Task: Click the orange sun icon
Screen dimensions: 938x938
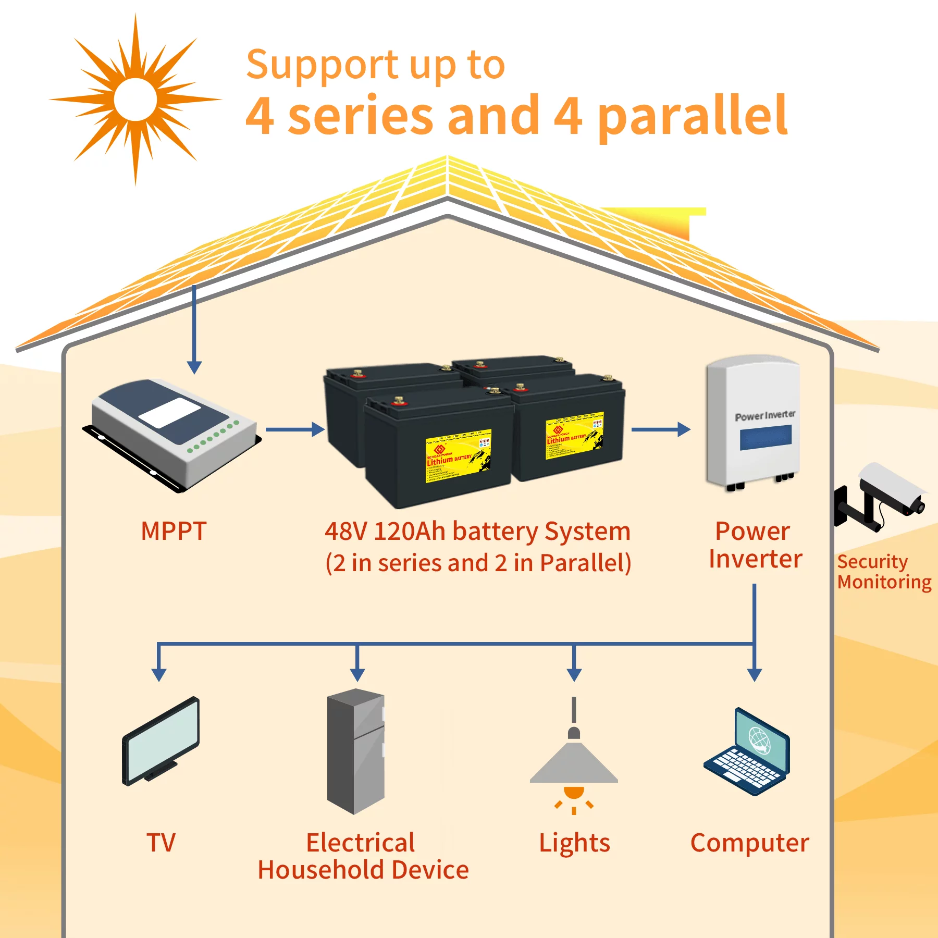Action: pos(135,99)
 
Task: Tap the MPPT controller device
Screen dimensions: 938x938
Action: pos(172,433)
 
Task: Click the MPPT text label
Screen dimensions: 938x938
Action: pos(174,531)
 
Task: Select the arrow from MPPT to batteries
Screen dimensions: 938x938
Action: pos(295,429)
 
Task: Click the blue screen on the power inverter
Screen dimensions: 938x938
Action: pos(766,437)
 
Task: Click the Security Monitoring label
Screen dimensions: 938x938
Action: pos(884,572)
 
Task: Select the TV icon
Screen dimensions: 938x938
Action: pos(161,740)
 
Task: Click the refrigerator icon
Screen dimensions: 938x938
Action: pos(356,750)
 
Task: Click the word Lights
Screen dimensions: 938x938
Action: pos(574,843)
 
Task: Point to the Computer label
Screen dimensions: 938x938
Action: pos(749,843)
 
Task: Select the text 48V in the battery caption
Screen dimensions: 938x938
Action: pos(346,532)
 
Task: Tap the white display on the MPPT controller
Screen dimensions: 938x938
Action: pos(170,413)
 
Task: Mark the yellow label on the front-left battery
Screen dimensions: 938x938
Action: pos(459,456)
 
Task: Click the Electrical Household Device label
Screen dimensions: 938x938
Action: pos(363,856)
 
